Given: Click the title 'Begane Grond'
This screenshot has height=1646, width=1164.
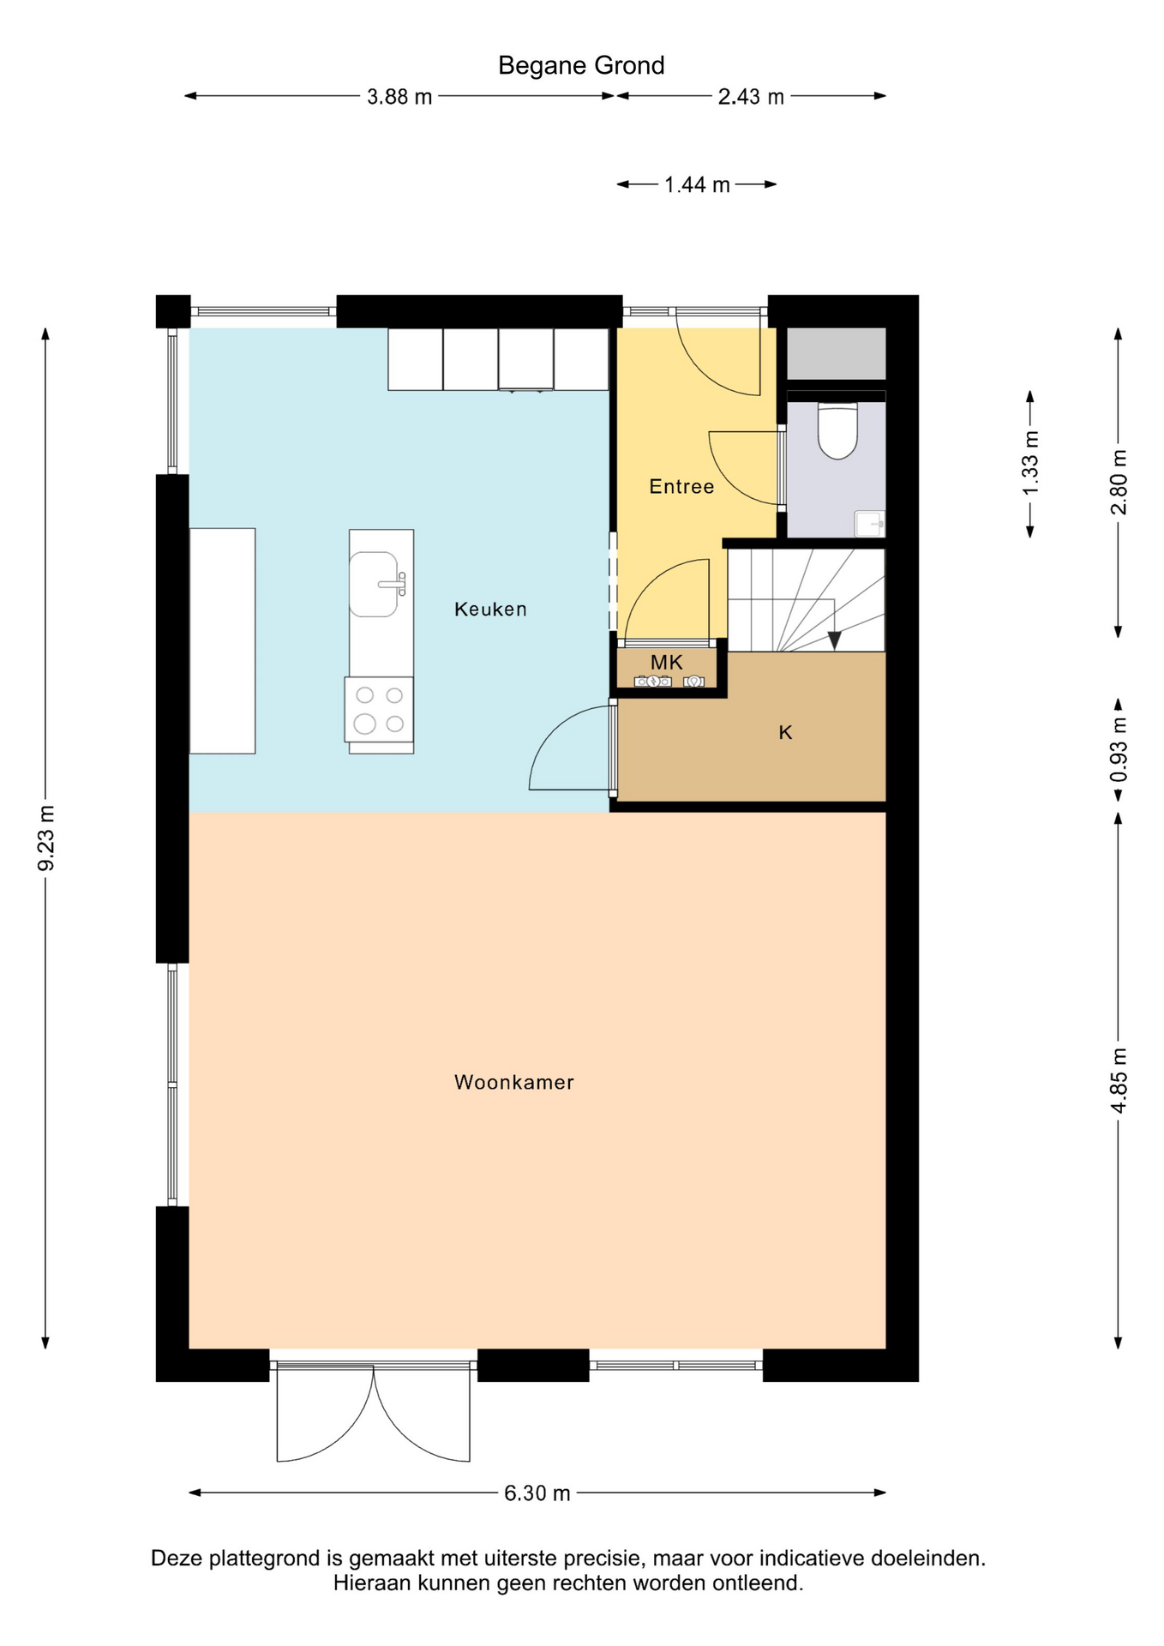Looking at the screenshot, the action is pos(581,66).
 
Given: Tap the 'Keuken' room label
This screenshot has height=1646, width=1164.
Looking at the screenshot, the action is pos(490,610).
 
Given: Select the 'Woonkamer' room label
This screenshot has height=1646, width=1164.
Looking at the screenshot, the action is pos(514,1083).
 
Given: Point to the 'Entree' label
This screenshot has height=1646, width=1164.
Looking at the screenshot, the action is pos(681,487).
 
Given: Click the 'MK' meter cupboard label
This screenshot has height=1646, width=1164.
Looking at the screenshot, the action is pos(667,663).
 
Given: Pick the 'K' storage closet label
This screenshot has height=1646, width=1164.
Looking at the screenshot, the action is pos(785,733).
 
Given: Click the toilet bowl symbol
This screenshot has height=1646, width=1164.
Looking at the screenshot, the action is pos(837,430).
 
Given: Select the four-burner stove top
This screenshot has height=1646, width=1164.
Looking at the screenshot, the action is pos(379,709).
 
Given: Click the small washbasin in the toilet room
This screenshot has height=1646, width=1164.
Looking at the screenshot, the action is pos(869,523).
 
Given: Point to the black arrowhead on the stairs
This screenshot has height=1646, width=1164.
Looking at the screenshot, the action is pos(835,640).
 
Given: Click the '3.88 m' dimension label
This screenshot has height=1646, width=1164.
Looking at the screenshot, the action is pos(399,97).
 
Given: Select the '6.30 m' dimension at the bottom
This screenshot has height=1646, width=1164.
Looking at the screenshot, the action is pos(537,1493).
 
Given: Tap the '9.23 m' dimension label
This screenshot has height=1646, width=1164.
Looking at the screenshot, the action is pos(46,838).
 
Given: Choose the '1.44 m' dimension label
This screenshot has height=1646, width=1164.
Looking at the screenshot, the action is pos(697,185).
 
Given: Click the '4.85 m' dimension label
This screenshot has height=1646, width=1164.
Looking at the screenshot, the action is pos(1119,1080).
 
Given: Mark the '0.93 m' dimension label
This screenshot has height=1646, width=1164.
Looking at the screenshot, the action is pos(1119,749).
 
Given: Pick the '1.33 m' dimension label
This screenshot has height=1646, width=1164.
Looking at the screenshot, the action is pos(1030,463).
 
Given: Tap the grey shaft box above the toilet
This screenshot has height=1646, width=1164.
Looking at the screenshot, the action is pos(837,353).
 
